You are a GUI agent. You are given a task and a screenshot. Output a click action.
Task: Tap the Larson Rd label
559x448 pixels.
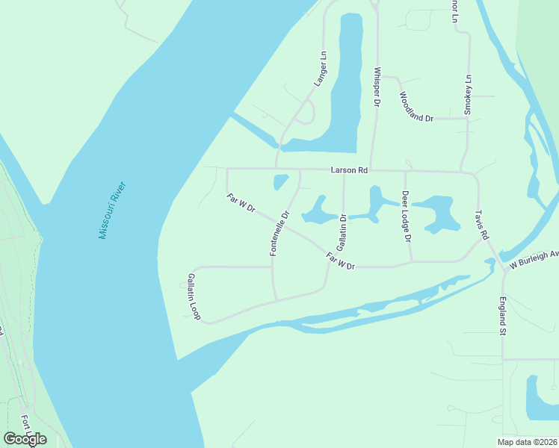350,170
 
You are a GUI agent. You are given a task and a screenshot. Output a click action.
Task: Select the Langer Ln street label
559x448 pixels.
320,69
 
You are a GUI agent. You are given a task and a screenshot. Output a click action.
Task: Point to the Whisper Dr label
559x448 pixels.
377,87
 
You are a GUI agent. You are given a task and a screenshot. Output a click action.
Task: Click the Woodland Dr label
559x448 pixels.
417,107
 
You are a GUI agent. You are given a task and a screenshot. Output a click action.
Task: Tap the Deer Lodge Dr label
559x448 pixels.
407,217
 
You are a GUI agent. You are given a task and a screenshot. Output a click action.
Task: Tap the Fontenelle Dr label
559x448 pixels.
279,234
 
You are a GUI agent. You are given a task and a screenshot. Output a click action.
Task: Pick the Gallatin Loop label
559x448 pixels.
194,296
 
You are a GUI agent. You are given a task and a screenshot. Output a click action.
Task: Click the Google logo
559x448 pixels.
25,439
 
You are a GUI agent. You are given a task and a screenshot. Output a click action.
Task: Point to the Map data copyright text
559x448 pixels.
528,441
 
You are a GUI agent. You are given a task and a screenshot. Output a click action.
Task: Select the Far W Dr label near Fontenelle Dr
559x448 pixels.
241,203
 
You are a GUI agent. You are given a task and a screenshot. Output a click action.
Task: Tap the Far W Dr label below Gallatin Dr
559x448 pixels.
340,261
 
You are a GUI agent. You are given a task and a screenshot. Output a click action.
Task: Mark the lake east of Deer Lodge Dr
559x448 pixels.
435,212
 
